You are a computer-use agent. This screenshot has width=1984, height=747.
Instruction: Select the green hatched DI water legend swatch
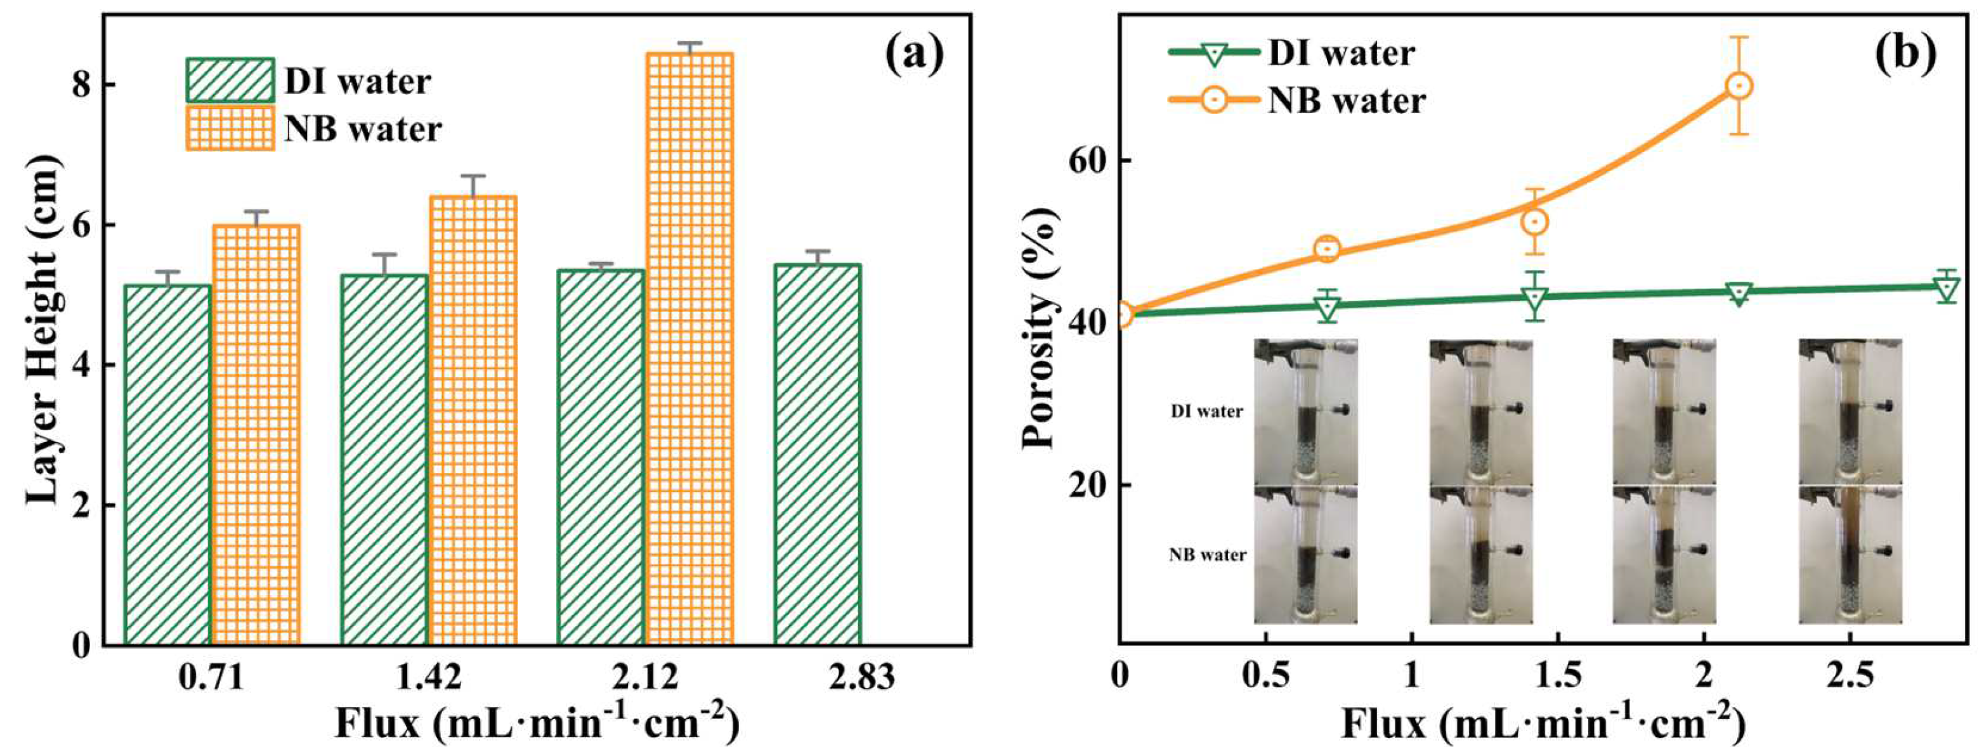tap(230, 80)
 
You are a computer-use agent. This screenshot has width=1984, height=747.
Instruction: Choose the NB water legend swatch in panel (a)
tap(230, 128)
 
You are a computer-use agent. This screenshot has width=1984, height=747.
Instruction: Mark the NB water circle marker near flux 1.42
tap(1534, 222)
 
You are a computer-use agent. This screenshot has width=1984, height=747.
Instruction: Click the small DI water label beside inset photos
tap(1206, 412)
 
